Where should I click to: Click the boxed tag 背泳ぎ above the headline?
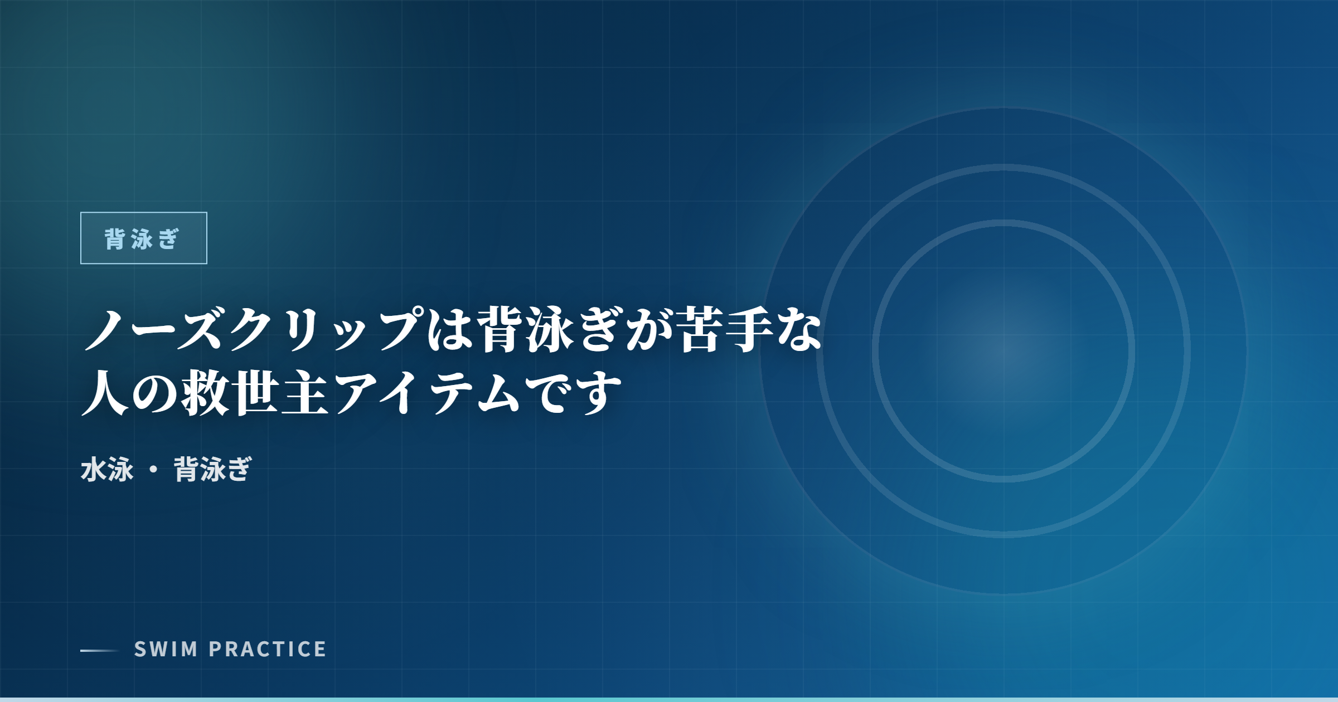(x=143, y=238)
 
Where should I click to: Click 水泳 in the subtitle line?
(x=107, y=469)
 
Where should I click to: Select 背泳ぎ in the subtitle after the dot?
(x=212, y=469)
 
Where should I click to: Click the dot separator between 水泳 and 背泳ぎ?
(x=153, y=470)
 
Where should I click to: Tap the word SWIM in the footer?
(x=166, y=649)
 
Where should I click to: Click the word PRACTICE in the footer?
(x=268, y=649)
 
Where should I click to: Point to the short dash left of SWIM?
(x=99, y=650)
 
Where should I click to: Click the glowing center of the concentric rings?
(x=1003, y=351)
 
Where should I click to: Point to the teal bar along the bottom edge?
(x=669, y=699)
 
